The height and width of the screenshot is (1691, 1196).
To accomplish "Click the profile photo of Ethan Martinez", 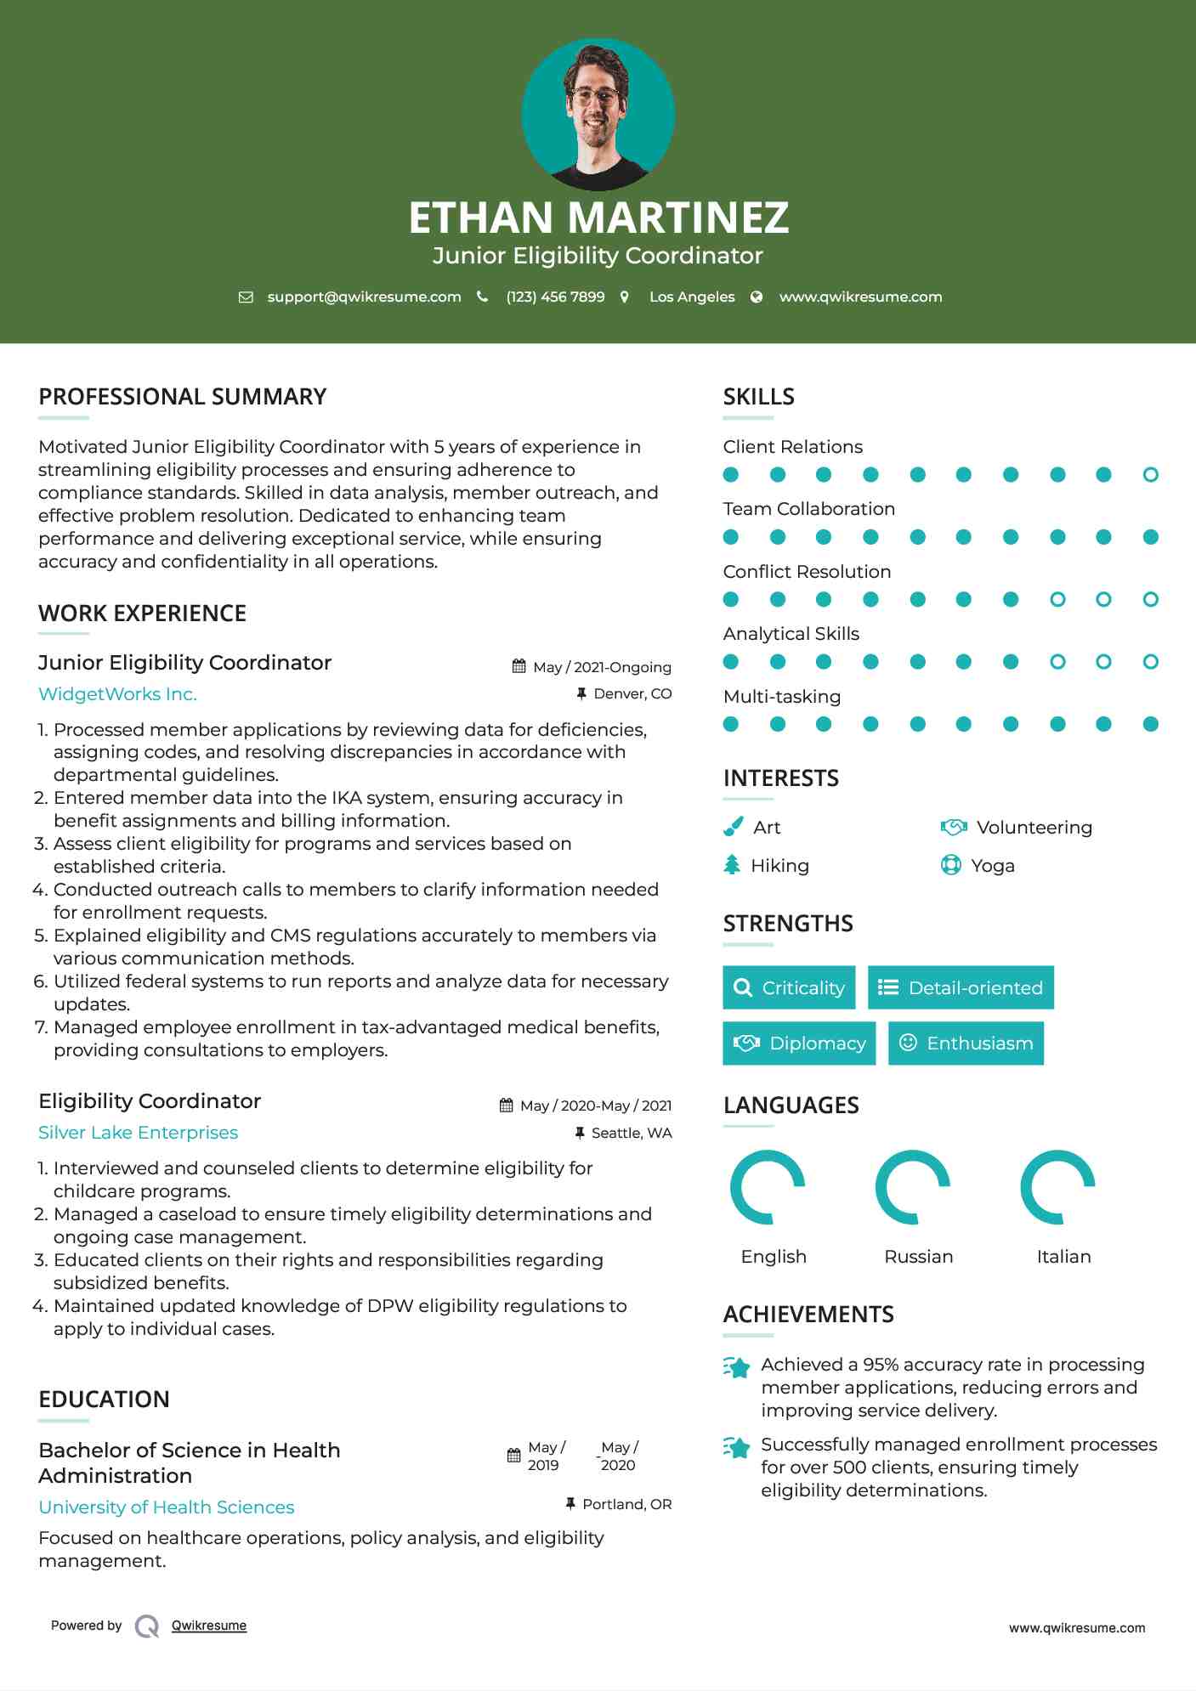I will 598,114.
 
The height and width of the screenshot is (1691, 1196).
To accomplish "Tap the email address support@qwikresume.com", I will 364,297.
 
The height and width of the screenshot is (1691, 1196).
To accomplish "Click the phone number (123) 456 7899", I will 555,297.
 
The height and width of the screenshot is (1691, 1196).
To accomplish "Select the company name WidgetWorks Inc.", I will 117,694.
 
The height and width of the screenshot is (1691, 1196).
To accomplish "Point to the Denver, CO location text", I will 632,694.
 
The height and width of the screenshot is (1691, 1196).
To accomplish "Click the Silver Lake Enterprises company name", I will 138,1133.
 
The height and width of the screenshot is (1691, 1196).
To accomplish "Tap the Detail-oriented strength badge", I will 961,987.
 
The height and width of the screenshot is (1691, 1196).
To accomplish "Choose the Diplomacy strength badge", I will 799,1043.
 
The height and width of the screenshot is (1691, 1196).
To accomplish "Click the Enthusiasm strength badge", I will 966,1043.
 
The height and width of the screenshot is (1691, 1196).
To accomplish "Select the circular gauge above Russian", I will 913,1187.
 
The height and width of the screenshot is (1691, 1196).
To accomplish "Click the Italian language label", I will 1063,1257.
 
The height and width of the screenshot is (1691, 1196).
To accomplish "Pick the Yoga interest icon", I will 950,865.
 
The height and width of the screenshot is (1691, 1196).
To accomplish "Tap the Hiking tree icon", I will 732,865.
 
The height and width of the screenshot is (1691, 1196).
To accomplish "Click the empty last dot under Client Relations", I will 1150,475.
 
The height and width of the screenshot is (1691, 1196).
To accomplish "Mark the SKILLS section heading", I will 758,397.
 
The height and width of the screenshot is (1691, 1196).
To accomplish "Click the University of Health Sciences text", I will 166,1507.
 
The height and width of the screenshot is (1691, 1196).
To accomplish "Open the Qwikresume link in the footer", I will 209,1626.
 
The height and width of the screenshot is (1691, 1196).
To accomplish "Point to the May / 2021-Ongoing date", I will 601,667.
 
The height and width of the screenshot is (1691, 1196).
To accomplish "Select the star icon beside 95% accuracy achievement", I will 737,1367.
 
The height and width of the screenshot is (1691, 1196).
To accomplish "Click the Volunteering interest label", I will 1034,828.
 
